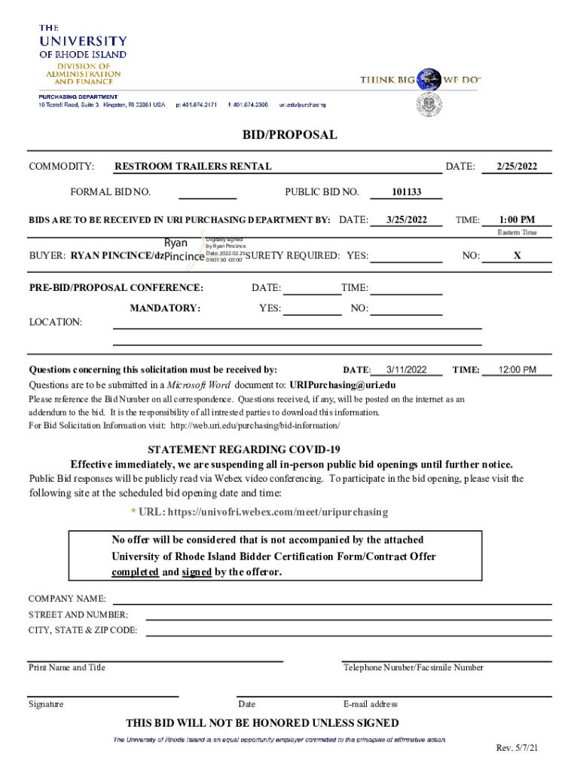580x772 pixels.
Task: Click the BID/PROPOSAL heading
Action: pyautogui.click(x=289, y=136)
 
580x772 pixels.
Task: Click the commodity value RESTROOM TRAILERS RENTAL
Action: pyautogui.click(x=193, y=167)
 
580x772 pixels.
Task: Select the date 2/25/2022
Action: pyautogui.click(x=517, y=167)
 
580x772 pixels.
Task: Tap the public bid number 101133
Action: pyautogui.click(x=406, y=192)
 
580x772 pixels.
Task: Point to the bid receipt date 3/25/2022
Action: pyautogui.click(x=407, y=220)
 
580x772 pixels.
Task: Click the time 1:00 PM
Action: pyautogui.click(x=517, y=220)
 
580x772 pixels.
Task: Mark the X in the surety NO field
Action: pyautogui.click(x=517, y=256)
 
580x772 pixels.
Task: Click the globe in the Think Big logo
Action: pyautogui.click(x=430, y=78)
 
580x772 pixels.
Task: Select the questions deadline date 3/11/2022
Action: pyautogui.click(x=406, y=370)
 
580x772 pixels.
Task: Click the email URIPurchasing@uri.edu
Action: pyautogui.click(x=343, y=384)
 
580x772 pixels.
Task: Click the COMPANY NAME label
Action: pyautogui.click(x=67, y=599)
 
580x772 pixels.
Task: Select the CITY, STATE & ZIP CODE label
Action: pyautogui.click(x=83, y=630)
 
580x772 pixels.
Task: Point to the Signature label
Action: pyautogui.click(x=46, y=704)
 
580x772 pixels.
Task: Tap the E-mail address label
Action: pyautogui.click(x=370, y=704)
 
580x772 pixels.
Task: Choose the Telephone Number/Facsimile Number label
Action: pyautogui.click(x=414, y=667)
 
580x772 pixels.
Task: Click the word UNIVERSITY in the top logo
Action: pyautogui.click(x=83, y=41)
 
